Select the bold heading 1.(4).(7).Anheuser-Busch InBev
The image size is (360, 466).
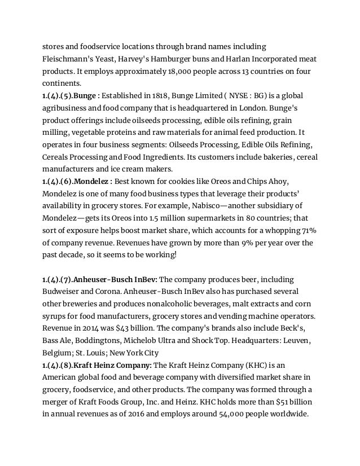pyautogui.click(x=100, y=279)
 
